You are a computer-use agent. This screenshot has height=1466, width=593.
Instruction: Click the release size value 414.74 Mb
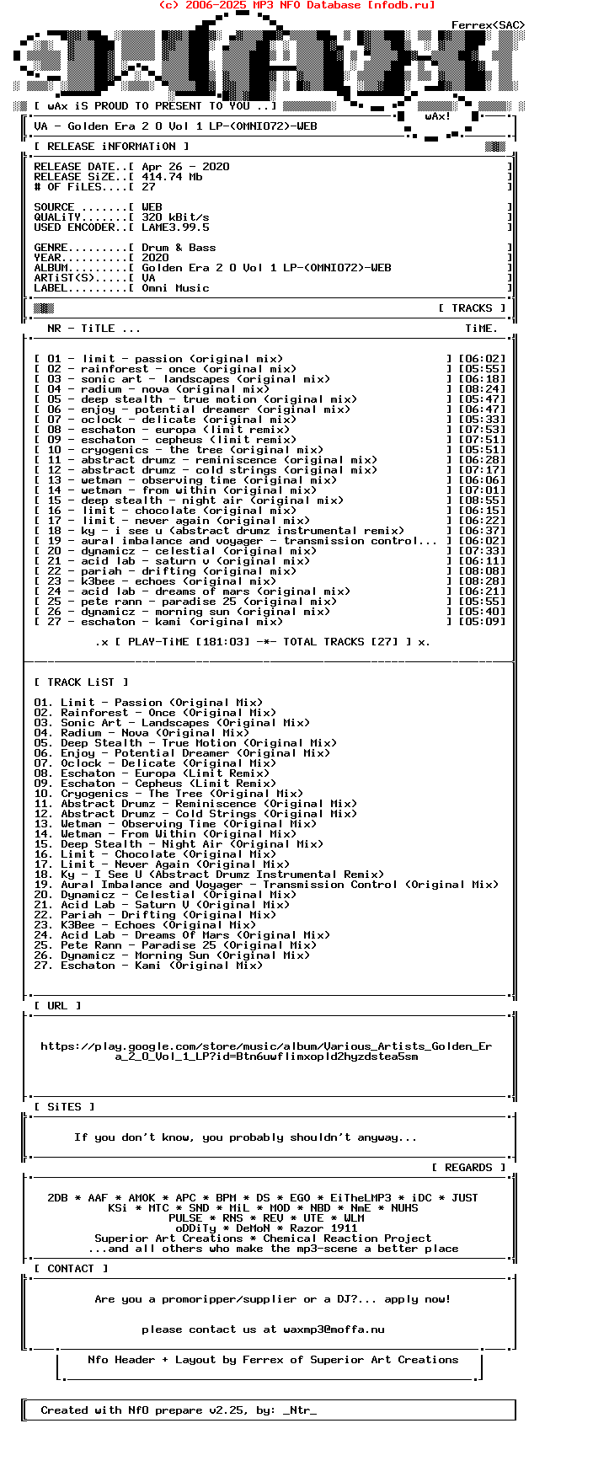click(172, 177)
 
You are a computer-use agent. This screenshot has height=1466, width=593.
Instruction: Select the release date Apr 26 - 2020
click(185, 167)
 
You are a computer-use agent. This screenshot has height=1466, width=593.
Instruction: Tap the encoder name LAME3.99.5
click(175, 227)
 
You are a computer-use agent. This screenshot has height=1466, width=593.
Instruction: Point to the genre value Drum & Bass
click(179, 248)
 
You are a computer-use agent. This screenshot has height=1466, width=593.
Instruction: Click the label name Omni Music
click(175, 288)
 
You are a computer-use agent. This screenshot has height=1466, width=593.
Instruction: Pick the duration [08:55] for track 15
click(482, 500)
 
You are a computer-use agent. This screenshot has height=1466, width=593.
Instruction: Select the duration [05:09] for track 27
click(482, 622)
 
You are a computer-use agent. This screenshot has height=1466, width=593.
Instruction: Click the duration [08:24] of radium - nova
click(482, 389)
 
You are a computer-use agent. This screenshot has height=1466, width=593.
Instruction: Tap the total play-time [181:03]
click(222, 642)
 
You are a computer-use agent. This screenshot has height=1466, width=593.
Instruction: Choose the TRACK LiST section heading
click(81, 682)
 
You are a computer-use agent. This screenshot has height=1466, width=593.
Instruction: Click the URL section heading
click(57, 1006)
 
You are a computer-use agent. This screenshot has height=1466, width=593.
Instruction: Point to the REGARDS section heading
click(468, 1168)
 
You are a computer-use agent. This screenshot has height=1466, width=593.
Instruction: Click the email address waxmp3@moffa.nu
click(334, 1330)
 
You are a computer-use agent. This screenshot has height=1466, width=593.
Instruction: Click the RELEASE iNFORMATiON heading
click(111, 147)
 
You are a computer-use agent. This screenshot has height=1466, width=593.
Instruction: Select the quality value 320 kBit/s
click(175, 217)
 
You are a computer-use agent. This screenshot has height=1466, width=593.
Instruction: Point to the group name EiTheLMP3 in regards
click(361, 1198)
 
